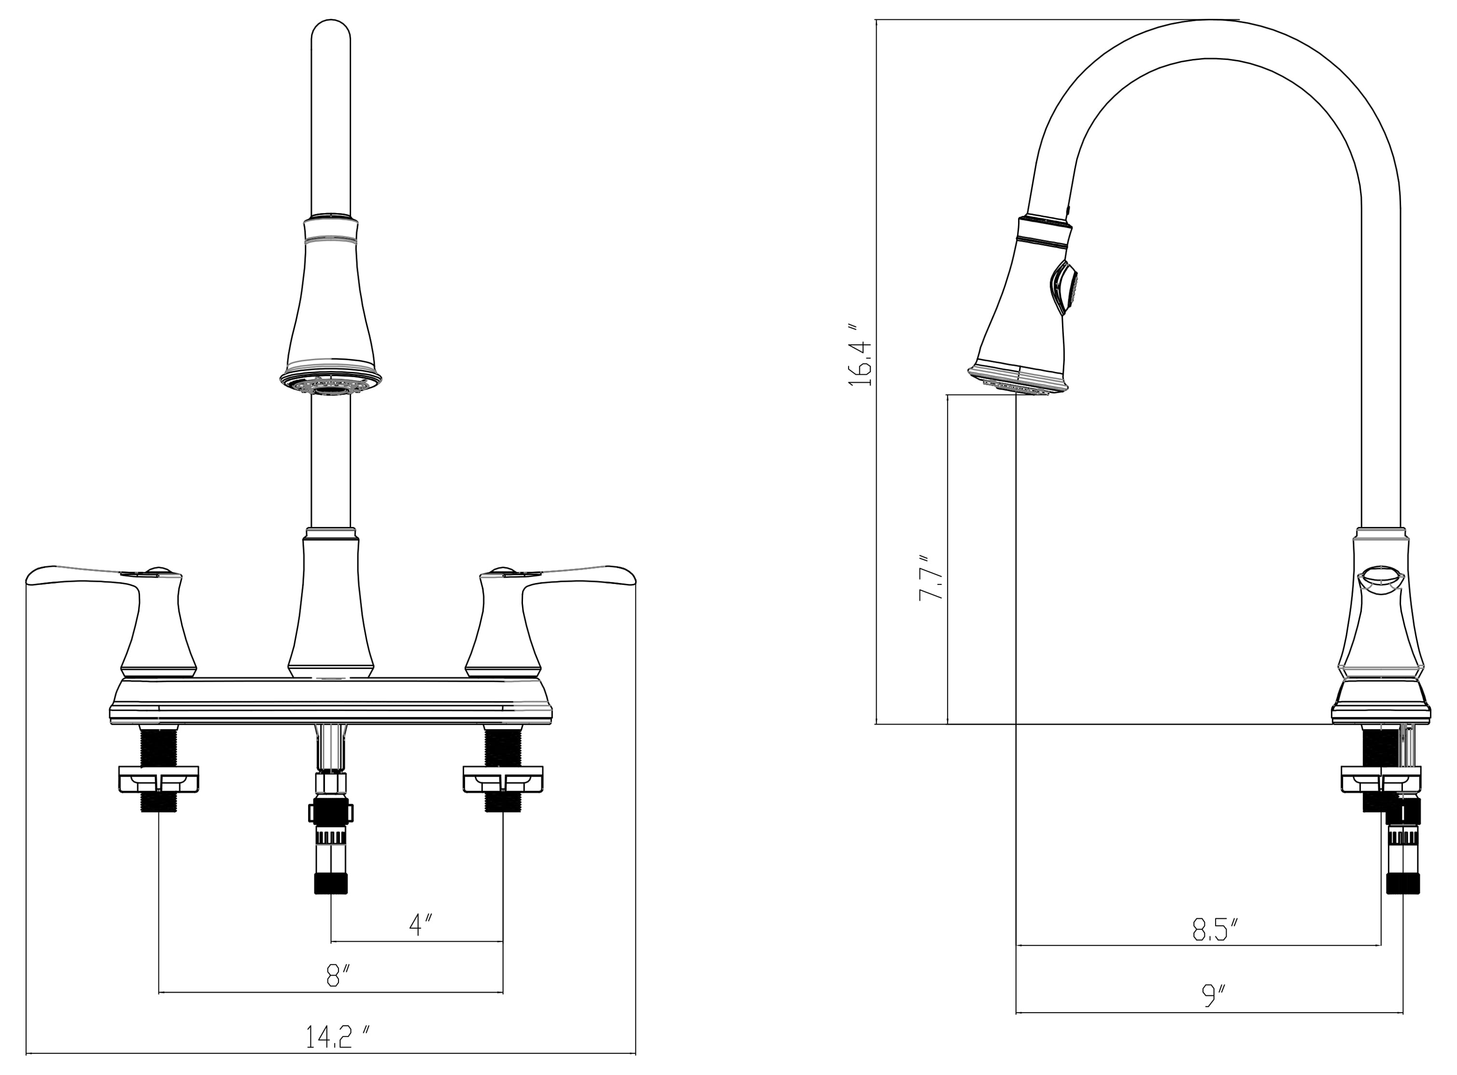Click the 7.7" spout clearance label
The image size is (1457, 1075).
(x=929, y=577)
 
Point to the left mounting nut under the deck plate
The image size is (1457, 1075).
(x=158, y=779)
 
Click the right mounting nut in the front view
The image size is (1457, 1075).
(x=502, y=779)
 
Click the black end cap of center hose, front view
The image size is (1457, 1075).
(x=331, y=884)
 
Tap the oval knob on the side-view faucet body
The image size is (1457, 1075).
(x=1380, y=578)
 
